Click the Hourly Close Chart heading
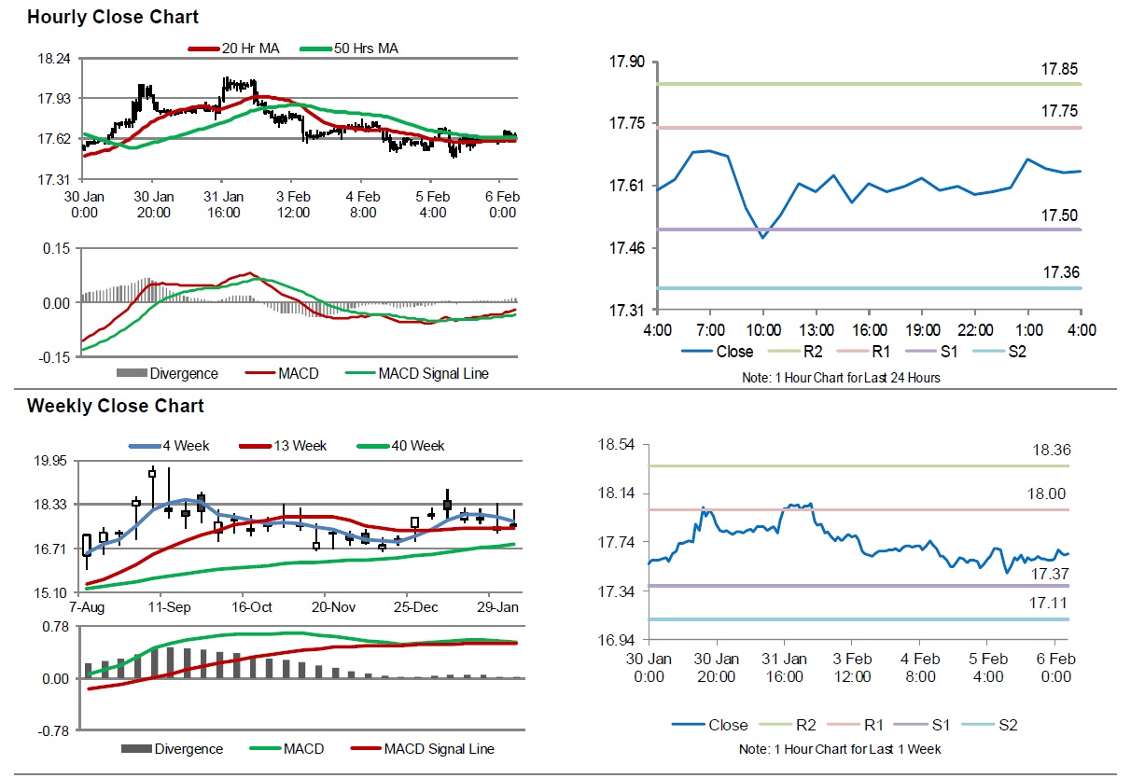[112, 17]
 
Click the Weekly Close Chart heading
[115, 406]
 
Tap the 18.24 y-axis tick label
[52, 58]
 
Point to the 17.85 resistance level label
[1060, 69]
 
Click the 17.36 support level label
[1060, 272]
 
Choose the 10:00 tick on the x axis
[762, 330]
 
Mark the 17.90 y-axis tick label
[626, 62]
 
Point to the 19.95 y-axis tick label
[52, 460]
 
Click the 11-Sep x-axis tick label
[170, 606]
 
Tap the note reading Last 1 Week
[840, 749]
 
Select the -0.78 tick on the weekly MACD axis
[52, 730]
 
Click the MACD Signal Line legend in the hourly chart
[433, 373]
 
